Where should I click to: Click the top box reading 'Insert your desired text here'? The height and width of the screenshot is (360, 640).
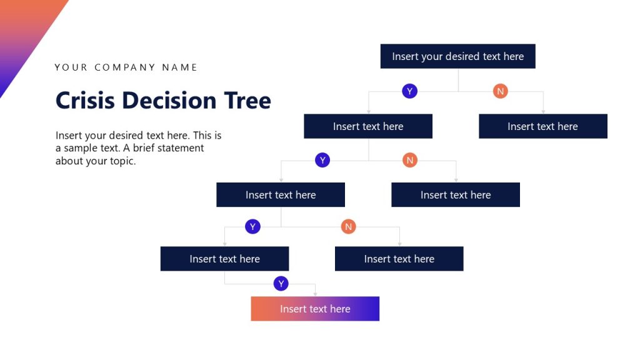point(457,56)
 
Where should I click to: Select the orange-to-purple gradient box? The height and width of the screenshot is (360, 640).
point(315,309)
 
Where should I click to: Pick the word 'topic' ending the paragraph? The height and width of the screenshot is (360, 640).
point(121,161)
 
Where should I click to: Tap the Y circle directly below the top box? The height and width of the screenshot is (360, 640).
point(409,91)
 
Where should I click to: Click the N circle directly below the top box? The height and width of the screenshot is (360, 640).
point(500,91)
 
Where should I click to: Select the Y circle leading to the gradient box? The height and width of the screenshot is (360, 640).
point(281,284)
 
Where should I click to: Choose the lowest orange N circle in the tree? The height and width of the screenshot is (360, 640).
point(349,226)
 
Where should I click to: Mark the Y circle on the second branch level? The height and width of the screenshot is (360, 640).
point(322,161)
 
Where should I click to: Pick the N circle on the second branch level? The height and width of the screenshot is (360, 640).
point(410,161)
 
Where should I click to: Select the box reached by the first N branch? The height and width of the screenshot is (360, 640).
point(542,126)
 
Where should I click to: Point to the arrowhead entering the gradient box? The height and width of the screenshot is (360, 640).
point(315,294)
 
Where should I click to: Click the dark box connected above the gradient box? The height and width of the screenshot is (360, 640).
point(224,259)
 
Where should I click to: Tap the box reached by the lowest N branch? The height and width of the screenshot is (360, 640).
point(399,259)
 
